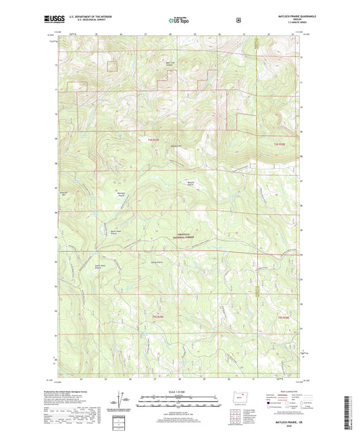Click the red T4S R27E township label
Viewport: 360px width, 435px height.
[280, 144]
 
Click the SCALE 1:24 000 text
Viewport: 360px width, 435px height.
[179, 391]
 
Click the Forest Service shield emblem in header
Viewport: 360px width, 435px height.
[238, 20]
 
